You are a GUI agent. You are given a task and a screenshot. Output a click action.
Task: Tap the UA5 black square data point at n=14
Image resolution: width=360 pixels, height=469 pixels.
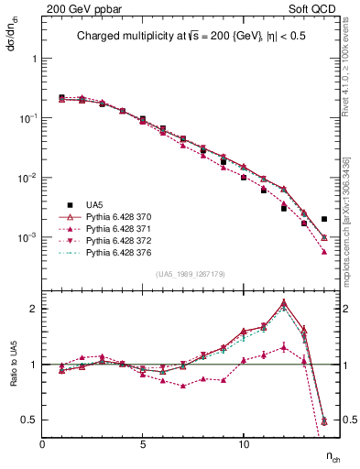pyautogui.click(x=324, y=219)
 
